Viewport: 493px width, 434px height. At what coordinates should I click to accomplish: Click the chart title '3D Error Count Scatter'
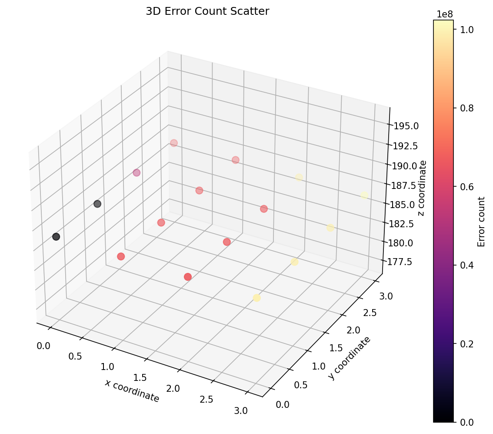tap(207, 11)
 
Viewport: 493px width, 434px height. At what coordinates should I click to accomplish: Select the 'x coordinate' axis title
tap(132, 391)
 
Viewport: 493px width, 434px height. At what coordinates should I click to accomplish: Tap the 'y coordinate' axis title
tap(349, 358)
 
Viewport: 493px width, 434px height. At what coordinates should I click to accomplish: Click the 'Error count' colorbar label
tap(481, 222)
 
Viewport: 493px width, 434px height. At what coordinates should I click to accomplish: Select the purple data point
tap(137, 173)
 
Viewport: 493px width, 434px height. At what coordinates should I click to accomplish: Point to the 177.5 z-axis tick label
tap(400, 262)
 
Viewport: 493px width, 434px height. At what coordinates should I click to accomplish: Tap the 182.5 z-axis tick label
tap(402, 224)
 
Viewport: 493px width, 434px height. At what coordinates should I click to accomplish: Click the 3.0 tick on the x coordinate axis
tap(240, 411)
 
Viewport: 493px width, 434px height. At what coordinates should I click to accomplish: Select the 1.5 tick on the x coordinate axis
tap(140, 378)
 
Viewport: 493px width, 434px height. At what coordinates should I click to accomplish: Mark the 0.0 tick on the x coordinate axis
tap(43, 346)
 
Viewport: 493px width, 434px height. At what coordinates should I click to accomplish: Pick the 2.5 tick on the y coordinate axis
tap(370, 313)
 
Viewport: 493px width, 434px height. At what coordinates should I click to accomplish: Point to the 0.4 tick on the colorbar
tap(467, 265)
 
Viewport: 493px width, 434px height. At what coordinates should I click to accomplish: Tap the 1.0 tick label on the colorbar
tap(467, 30)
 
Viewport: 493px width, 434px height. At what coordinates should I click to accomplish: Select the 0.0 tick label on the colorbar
tap(467, 422)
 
